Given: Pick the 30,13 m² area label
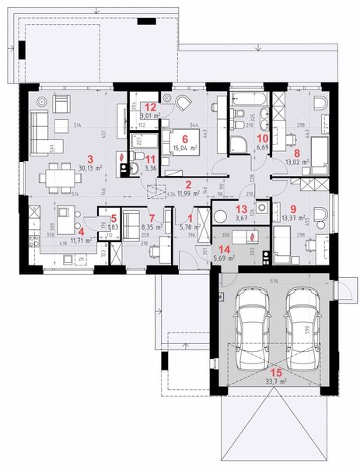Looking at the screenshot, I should click(95, 166).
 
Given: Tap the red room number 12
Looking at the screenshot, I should click(152, 107).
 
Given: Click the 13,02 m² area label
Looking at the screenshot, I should click(299, 163).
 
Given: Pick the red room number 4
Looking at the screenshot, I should click(81, 230).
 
